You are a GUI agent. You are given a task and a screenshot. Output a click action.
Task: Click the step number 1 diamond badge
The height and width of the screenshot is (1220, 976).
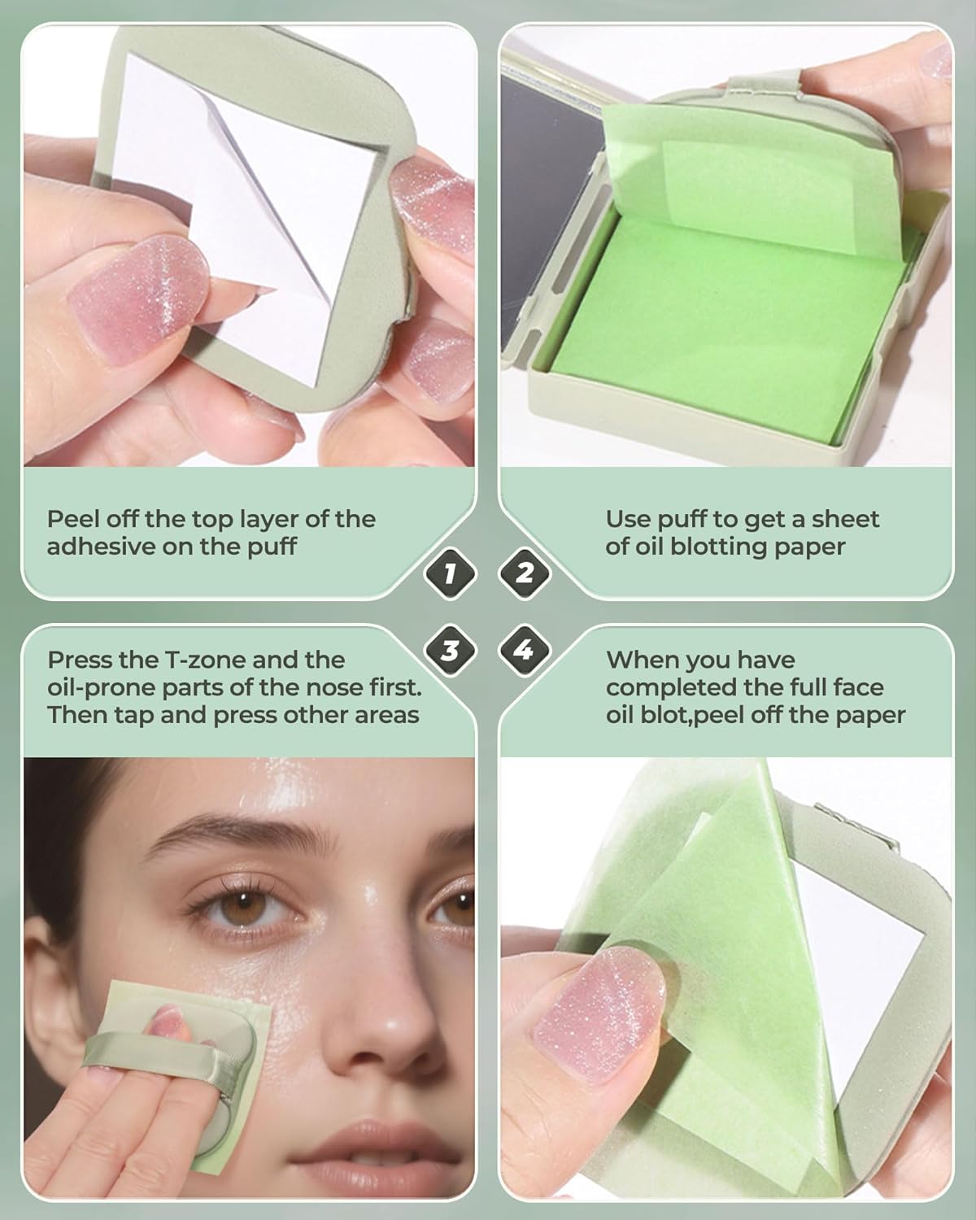click(x=450, y=573)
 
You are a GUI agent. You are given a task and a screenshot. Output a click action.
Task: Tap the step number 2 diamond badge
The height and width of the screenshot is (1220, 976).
click(x=525, y=573)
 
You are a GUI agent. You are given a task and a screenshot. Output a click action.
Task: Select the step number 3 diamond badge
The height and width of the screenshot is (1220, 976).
click(x=450, y=650)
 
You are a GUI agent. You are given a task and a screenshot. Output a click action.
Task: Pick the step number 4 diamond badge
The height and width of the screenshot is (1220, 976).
click(x=525, y=650)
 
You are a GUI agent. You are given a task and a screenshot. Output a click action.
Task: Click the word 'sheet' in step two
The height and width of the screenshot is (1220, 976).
click(x=846, y=519)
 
